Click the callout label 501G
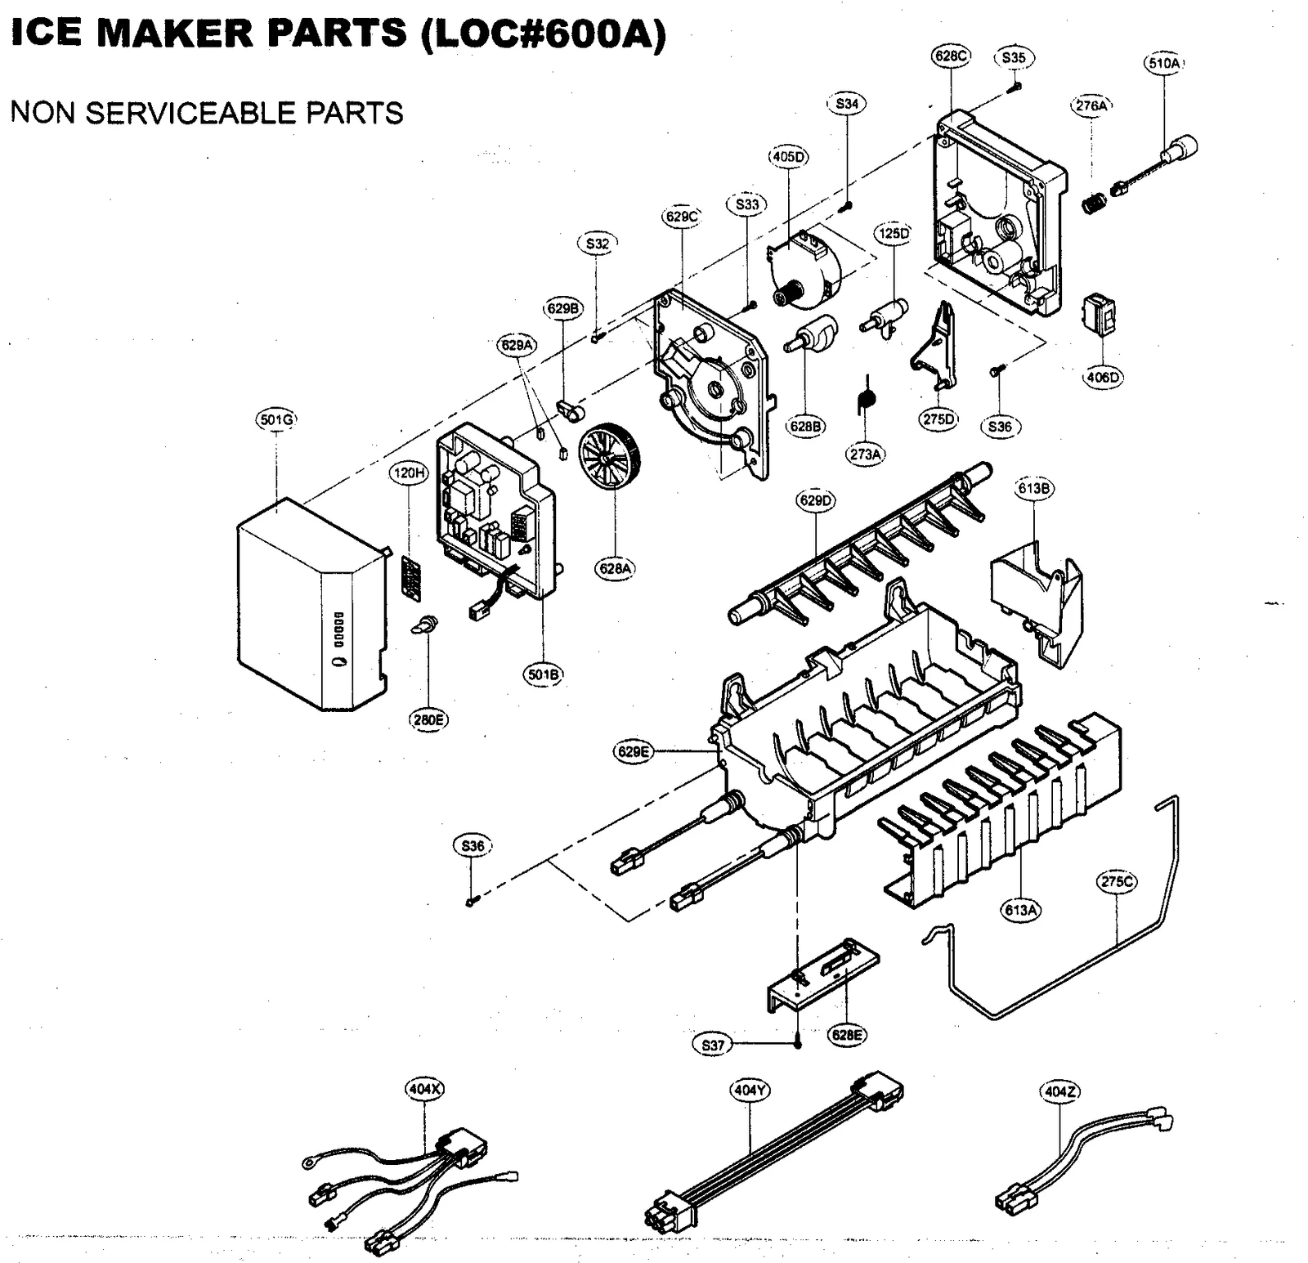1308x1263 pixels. coord(275,420)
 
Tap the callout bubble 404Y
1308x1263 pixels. coord(750,1090)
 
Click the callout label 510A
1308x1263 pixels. coord(1163,63)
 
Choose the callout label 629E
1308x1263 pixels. coord(634,751)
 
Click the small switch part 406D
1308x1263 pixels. coord(1100,315)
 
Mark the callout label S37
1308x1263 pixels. coord(713,1045)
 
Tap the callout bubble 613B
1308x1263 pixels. coord(1034,488)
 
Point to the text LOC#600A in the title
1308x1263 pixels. coord(543,34)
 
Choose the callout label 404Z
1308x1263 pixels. coord(1060,1091)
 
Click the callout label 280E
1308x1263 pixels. coord(428,719)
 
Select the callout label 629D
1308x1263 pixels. coord(816,500)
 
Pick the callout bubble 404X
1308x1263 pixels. coord(425,1089)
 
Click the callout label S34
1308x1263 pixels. coord(847,104)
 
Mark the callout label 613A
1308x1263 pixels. coord(1021,909)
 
